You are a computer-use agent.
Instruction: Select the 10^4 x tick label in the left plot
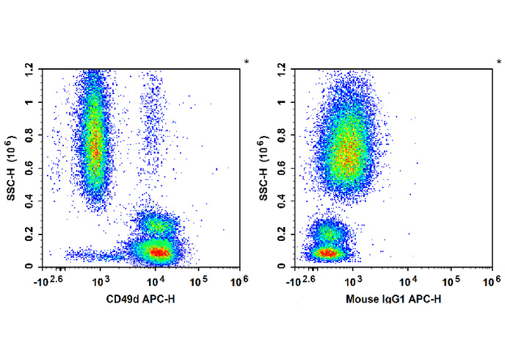(154, 280)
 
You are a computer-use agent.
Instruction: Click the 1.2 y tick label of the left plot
(29, 68)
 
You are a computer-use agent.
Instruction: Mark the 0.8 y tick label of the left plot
(29, 134)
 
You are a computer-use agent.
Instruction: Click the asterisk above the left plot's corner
(247, 62)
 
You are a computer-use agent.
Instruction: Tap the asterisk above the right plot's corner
(499, 62)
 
